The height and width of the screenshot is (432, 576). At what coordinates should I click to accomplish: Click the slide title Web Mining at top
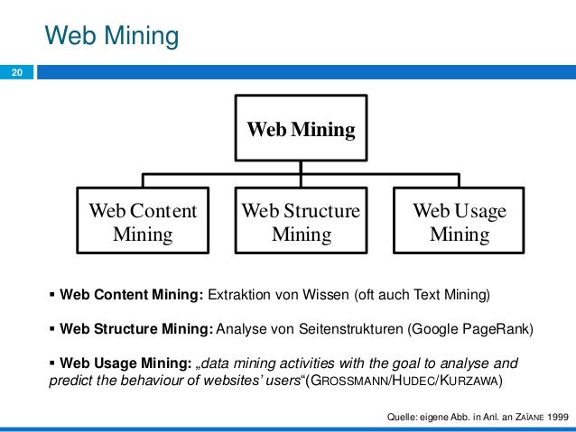click(x=112, y=36)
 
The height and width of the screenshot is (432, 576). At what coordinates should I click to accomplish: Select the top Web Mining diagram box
click(x=302, y=129)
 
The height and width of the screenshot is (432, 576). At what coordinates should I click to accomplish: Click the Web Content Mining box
click(x=143, y=223)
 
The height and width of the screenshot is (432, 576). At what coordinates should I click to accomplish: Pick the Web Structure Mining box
click(x=302, y=223)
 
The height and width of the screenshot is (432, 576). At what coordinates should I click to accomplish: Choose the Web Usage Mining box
click(x=460, y=223)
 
